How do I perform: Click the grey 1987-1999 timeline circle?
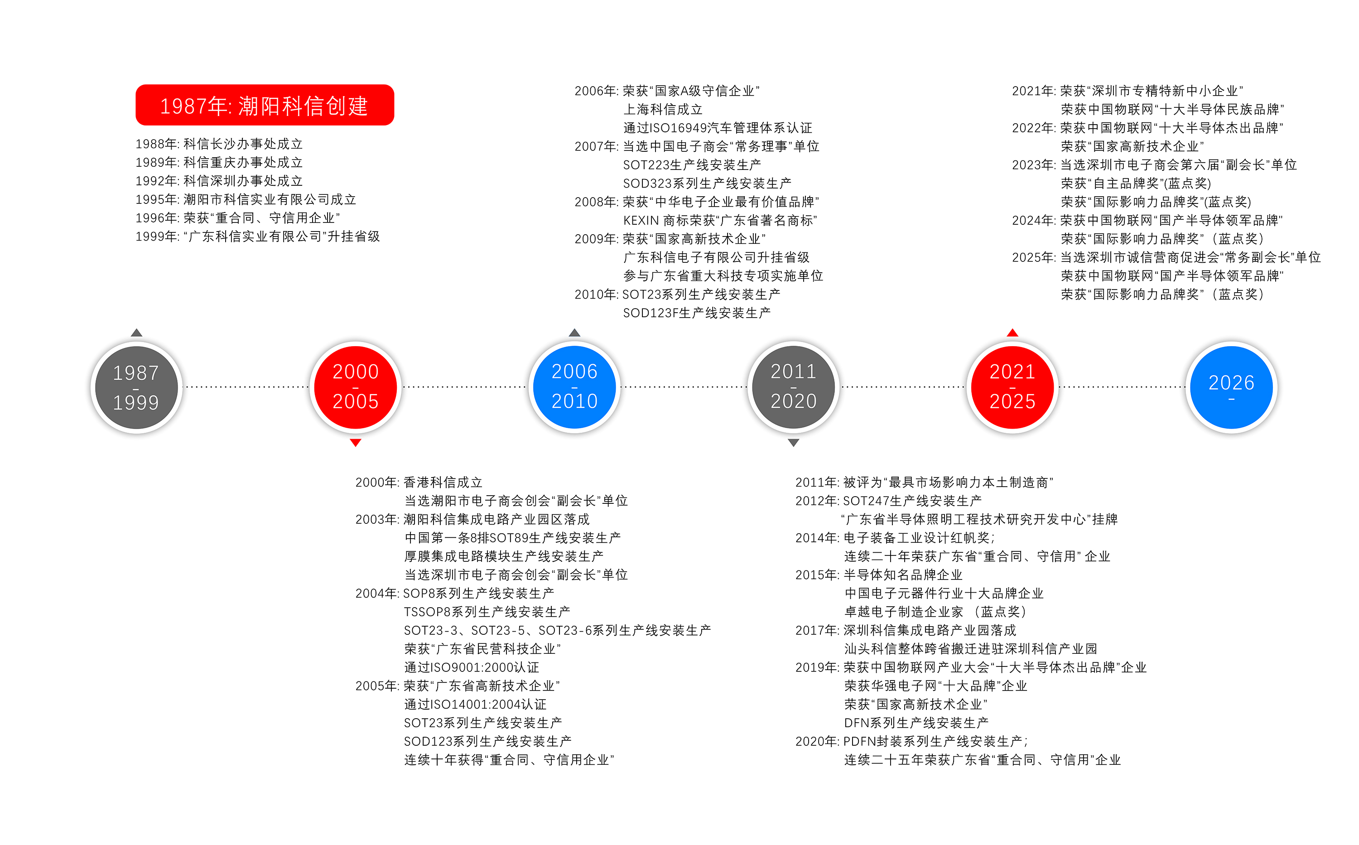(136, 387)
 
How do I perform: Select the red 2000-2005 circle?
(356, 387)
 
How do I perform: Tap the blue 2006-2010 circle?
(574, 387)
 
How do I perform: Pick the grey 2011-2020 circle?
(794, 387)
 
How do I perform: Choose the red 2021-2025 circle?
(1012, 387)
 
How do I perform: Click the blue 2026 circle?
(1232, 387)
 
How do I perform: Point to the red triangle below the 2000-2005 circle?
(356, 443)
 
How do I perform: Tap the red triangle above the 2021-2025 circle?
(1012, 333)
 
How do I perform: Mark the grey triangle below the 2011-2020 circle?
(794, 443)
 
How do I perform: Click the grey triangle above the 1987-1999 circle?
(136, 333)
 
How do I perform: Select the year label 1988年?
(156, 144)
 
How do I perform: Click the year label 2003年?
(376, 520)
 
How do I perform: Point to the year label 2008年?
(596, 202)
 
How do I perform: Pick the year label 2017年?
(817, 630)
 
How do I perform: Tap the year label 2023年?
(1033, 165)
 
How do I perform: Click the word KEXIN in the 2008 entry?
(641, 221)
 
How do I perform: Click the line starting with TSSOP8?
(487, 612)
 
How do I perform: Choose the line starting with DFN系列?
(916, 723)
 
